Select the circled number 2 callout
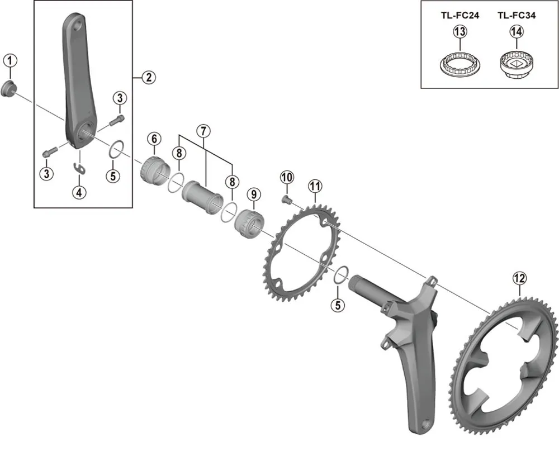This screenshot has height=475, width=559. [148, 78]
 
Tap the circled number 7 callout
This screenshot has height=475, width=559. [203, 131]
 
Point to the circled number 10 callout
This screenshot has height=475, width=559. [287, 178]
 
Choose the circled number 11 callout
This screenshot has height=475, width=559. [315, 185]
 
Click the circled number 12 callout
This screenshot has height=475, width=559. [519, 278]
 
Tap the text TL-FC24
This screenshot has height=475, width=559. [459, 16]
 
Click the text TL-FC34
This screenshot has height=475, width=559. [516, 16]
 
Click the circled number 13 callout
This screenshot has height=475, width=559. [459, 33]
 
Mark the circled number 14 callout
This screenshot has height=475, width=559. [516, 33]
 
